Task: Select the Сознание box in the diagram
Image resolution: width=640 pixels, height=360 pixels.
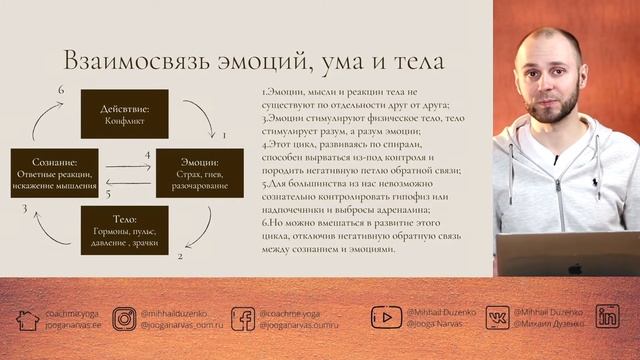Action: point(54,171)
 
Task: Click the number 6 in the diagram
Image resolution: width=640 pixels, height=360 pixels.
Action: point(61,91)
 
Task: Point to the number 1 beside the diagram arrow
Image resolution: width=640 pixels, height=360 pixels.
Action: point(223,133)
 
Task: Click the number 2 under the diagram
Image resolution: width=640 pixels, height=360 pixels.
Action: point(180,256)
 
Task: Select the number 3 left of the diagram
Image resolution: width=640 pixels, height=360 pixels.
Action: point(23,208)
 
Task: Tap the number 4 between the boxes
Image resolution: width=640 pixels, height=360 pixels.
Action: point(147,155)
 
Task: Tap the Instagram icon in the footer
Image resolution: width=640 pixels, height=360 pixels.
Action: point(124,319)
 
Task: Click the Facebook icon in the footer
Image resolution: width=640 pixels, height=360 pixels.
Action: point(242,319)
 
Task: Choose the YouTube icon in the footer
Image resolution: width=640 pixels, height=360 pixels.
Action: point(386,318)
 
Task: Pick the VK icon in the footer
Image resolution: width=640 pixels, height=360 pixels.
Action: point(497,318)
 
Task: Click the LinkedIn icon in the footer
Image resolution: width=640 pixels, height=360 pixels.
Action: point(607,318)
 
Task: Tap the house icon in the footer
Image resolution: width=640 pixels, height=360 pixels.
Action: point(27,319)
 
